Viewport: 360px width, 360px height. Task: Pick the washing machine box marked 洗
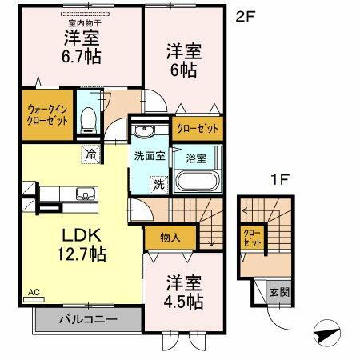[160, 183]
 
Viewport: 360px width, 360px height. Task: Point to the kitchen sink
[83, 194]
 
